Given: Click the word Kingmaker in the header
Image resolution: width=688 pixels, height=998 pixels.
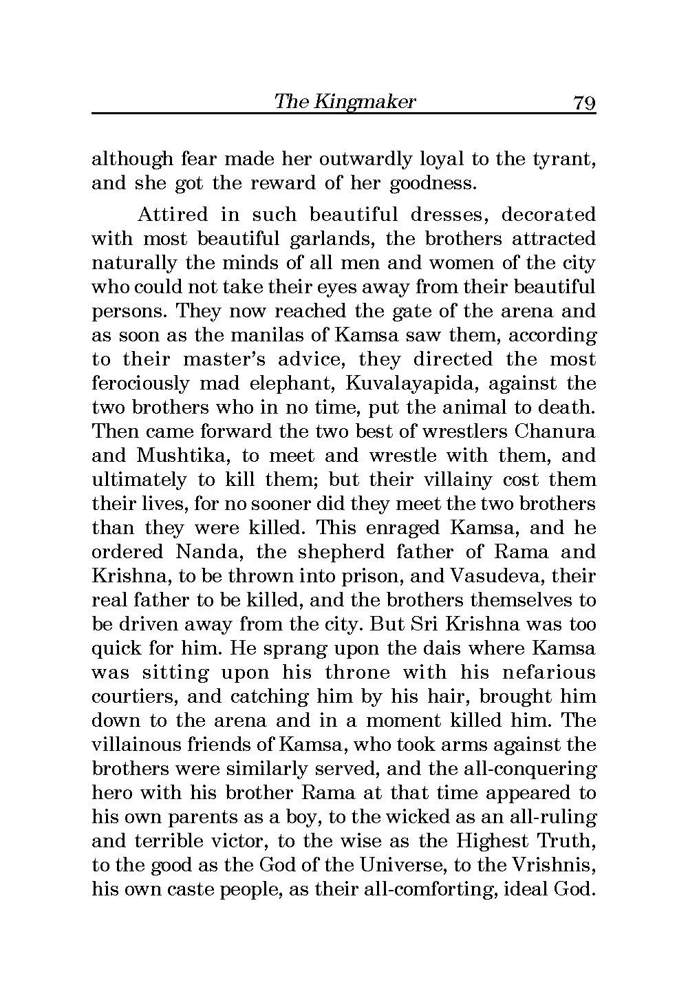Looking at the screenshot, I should pos(365,103).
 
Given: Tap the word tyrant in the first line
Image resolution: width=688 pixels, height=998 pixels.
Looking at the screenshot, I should pos(563,160).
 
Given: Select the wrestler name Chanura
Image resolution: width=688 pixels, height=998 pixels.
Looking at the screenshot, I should pos(555,432).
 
